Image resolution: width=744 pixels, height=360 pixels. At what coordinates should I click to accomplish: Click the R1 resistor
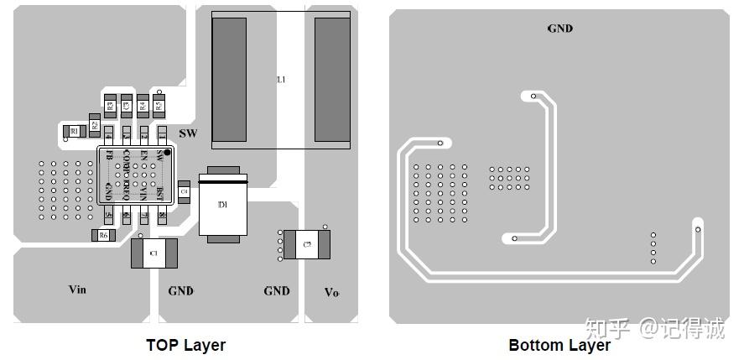(x=74, y=132)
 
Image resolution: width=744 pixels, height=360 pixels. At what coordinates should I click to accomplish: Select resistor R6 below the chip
(x=103, y=236)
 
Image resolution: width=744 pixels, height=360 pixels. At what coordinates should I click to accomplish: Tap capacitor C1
(x=153, y=253)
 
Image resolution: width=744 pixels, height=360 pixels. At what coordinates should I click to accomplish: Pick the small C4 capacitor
(x=185, y=193)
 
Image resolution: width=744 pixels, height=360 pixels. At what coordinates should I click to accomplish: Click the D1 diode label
(x=222, y=206)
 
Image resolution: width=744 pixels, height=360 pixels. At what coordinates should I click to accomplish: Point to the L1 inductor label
(x=282, y=80)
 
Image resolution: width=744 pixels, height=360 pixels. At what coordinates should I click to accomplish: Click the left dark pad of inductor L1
(x=229, y=79)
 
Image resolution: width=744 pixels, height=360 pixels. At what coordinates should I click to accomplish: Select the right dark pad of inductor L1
(x=332, y=79)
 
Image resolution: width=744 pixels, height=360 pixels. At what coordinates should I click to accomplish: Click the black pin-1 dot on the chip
(x=167, y=152)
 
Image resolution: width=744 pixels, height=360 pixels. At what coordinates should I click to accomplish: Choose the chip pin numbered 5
(x=108, y=216)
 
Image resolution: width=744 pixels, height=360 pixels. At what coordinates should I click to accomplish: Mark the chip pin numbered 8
(x=162, y=216)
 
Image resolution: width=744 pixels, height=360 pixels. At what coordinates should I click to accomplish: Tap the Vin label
(x=77, y=290)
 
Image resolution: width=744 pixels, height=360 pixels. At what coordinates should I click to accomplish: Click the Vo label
(x=332, y=292)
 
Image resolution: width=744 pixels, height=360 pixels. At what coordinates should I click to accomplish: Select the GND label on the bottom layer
(x=560, y=29)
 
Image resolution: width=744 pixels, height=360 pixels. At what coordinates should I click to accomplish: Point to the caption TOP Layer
(x=185, y=345)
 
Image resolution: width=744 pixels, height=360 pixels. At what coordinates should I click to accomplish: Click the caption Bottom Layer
(x=559, y=345)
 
